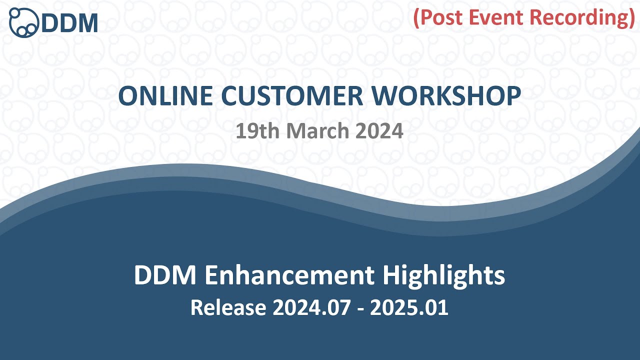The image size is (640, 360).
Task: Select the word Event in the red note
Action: point(497,17)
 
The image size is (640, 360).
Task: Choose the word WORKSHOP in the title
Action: point(455,96)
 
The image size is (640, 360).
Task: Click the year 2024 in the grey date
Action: point(379,131)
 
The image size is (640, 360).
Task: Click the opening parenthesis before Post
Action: point(416,18)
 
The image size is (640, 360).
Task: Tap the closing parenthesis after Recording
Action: point(631,18)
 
